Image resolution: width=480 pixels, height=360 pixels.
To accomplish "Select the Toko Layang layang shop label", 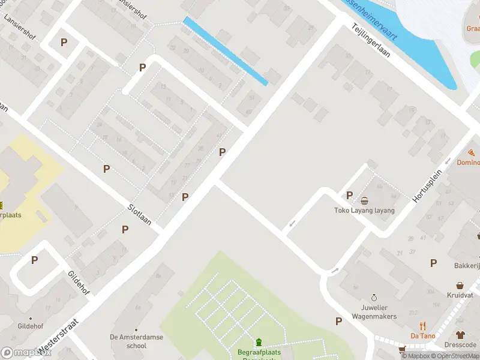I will click(x=364, y=211).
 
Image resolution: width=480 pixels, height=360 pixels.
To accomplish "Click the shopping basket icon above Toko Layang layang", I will click(x=364, y=200).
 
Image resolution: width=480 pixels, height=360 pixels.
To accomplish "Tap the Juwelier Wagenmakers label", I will click(x=374, y=311).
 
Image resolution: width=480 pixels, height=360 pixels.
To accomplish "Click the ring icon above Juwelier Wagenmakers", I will click(x=374, y=298).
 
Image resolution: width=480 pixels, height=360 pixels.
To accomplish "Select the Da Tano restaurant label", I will click(x=423, y=336).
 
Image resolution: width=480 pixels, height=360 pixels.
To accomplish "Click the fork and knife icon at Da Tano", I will click(x=423, y=326).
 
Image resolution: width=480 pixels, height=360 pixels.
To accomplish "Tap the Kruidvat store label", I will click(x=460, y=296).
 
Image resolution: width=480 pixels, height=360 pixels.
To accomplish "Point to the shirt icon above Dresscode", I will click(x=460, y=335).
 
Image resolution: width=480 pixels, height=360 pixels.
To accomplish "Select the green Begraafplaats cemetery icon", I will click(x=259, y=342).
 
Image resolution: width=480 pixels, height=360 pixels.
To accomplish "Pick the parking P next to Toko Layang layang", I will click(x=349, y=195).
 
